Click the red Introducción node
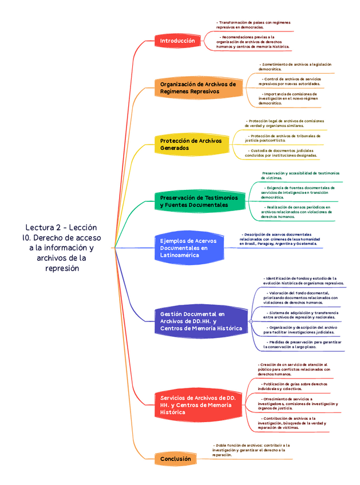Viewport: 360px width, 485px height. point(177,41)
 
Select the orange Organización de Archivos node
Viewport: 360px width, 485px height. point(197,88)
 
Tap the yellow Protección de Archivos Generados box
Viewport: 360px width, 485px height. point(192,144)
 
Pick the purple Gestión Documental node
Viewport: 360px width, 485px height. point(200,321)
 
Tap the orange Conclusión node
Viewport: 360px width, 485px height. point(175,459)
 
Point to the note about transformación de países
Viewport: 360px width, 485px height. point(253,25)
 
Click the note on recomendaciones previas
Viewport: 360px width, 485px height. point(253,42)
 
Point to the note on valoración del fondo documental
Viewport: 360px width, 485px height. point(300,297)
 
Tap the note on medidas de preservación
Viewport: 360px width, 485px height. point(302,344)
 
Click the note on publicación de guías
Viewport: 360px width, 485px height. point(292,386)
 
